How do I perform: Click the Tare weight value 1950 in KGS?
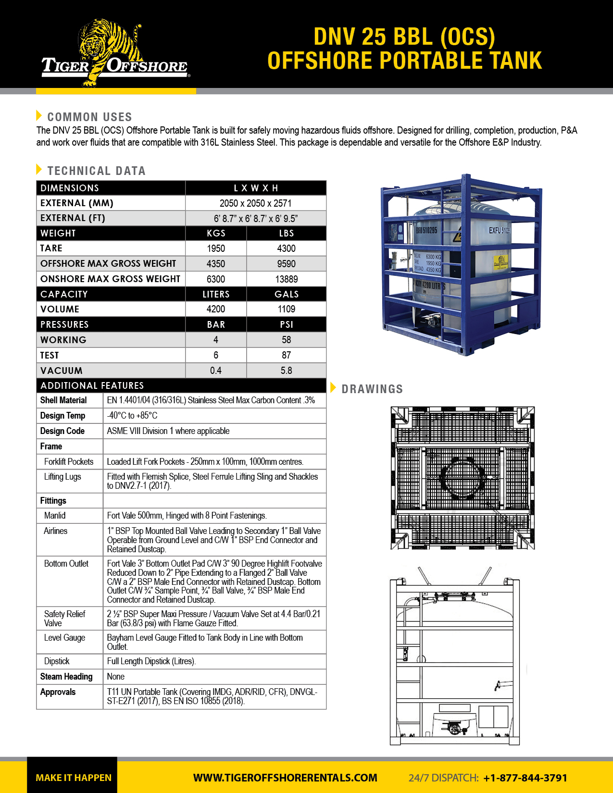pyautogui.click(x=216, y=248)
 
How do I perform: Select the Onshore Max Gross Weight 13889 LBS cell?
pyautogui.click(x=287, y=279)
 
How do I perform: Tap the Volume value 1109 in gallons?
pyautogui.click(x=287, y=309)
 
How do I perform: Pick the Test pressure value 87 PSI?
pyautogui.click(x=287, y=355)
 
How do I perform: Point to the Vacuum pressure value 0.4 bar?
pyautogui.click(x=216, y=371)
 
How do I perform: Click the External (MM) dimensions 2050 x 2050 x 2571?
pyautogui.click(x=256, y=203)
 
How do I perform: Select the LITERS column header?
pyautogui.click(x=216, y=294)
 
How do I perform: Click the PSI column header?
pyautogui.click(x=287, y=325)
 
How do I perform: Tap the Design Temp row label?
pyautogui.click(x=63, y=416)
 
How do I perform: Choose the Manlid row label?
pyautogui.click(x=55, y=516)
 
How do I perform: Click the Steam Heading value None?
pyautogui.click(x=116, y=677)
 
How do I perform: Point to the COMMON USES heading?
pyautogui.click(x=89, y=117)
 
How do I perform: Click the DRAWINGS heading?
pyautogui.click(x=372, y=389)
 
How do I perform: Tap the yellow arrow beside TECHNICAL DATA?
pyautogui.click(x=39, y=169)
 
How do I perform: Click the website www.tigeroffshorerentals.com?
pyautogui.click(x=285, y=778)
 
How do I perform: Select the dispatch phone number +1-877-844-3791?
pyautogui.click(x=525, y=778)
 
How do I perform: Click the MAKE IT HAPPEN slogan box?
pyautogui.click(x=73, y=778)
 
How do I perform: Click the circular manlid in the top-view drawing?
pyautogui.click(x=463, y=478)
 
